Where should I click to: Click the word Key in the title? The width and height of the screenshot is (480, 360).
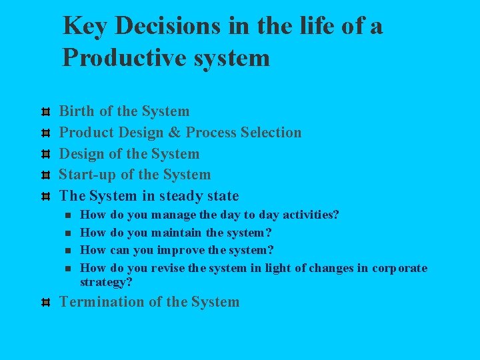point(85,26)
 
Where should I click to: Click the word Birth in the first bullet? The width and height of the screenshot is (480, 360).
point(77,111)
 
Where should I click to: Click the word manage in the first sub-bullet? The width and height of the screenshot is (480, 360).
point(173,215)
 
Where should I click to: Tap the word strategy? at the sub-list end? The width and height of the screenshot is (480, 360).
point(106,282)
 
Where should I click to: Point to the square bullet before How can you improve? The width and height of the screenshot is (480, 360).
point(67,251)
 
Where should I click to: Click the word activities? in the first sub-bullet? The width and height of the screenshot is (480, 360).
point(311,215)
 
